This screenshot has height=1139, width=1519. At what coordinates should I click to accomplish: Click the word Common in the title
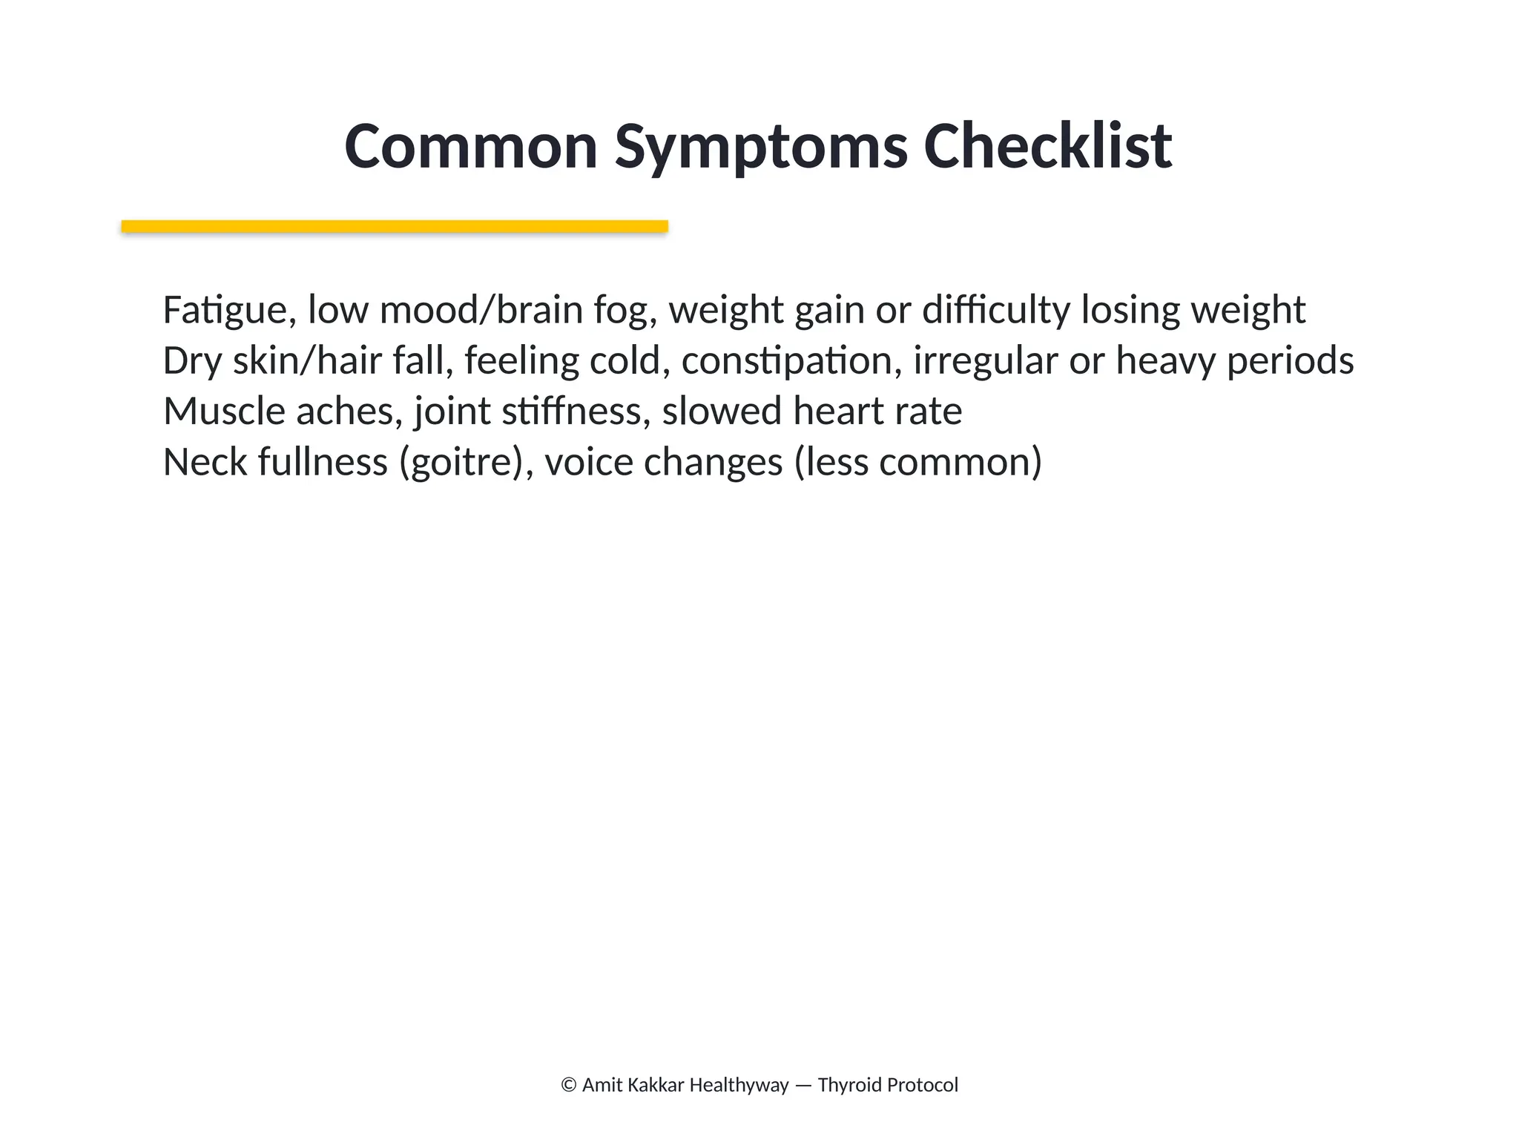click(471, 147)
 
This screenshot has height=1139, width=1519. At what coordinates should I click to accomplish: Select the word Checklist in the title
click(1047, 147)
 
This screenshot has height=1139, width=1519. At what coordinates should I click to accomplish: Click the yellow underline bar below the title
click(395, 226)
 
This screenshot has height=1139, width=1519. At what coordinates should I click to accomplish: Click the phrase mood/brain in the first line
click(481, 310)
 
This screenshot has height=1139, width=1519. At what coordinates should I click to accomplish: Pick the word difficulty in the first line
click(995, 310)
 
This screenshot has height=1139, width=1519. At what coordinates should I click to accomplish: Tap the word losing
click(1130, 310)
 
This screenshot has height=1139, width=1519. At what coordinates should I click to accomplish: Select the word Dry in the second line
click(192, 361)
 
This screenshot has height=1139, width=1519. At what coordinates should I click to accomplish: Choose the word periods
click(1290, 361)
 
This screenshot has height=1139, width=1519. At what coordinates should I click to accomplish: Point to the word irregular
click(985, 361)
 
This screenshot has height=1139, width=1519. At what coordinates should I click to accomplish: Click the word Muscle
click(224, 412)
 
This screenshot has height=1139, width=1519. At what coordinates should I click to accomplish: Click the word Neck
click(205, 462)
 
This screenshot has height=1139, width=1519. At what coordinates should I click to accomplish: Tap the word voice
click(588, 462)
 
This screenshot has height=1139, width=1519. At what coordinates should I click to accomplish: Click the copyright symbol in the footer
click(569, 1086)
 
